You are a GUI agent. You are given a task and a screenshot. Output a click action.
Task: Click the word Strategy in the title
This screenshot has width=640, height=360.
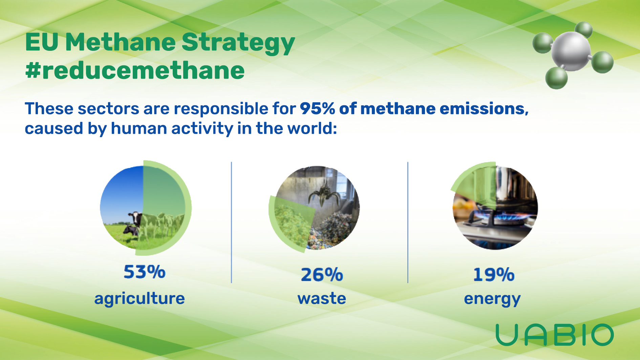tap(238, 43)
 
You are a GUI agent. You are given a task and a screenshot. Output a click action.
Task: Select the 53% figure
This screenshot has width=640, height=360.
tap(145, 272)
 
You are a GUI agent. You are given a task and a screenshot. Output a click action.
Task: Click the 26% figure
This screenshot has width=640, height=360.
tap(322, 275)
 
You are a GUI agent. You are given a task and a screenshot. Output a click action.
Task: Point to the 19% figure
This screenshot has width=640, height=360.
tap(494, 275)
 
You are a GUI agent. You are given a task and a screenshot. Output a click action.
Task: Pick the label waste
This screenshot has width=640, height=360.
tap(322, 298)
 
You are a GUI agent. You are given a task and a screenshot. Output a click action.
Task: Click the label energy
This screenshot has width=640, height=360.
tap(492, 299)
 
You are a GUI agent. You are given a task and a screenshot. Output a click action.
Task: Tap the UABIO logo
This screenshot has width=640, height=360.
tap(555, 335)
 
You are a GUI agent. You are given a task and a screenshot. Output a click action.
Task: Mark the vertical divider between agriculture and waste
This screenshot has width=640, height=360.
tap(231, 222)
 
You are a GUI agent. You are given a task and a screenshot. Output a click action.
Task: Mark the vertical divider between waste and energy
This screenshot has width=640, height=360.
tap(408, 222)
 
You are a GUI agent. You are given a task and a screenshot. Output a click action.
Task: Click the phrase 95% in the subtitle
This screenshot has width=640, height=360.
tap(317, 109)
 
